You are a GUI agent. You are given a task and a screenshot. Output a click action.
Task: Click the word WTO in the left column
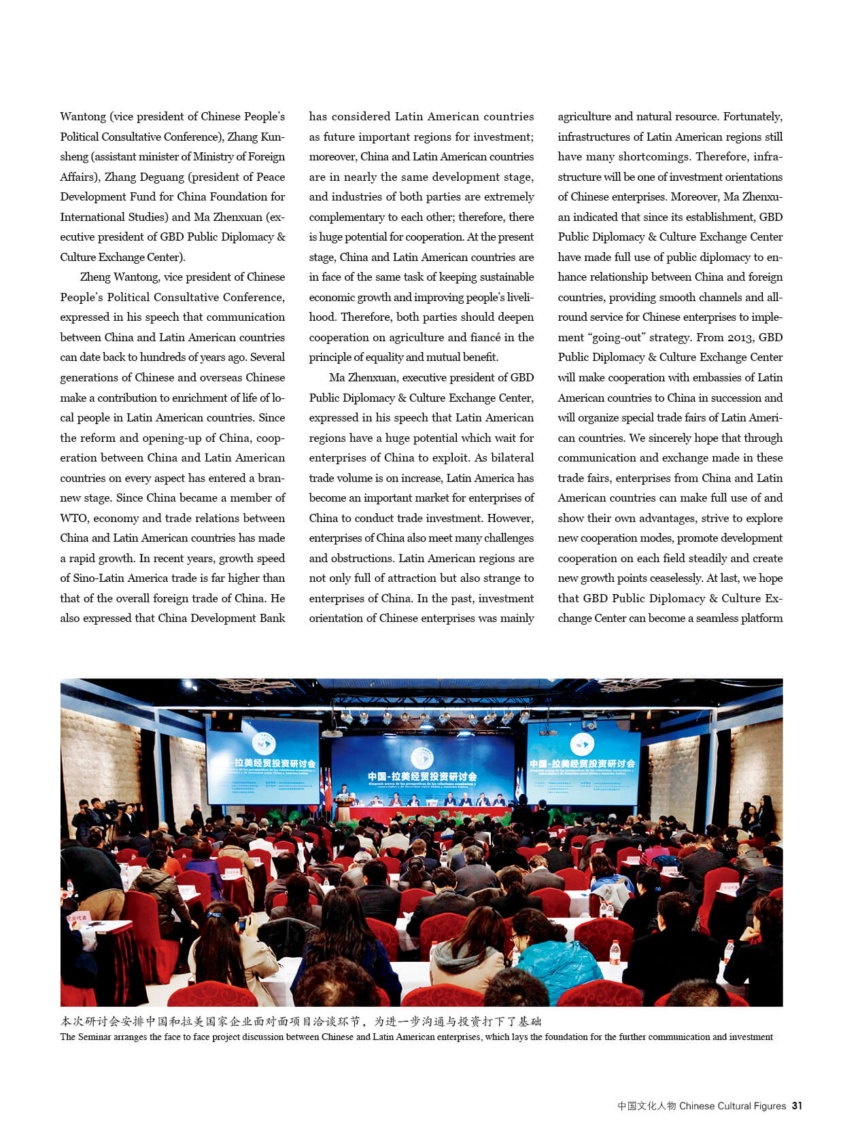(74, 518)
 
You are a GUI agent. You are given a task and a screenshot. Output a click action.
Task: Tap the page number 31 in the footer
(797, 1106)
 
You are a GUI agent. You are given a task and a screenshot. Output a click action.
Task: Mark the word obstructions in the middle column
(360, 558)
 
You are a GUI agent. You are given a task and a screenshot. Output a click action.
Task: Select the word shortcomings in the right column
(653, 156)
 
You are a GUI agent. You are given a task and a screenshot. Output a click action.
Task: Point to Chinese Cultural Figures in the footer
(732, 1106)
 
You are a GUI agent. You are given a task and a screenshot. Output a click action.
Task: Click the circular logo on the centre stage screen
(422, 758)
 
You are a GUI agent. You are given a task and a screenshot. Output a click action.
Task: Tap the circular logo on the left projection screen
(263, 744)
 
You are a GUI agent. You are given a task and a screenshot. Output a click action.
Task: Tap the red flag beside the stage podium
(329, 788)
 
